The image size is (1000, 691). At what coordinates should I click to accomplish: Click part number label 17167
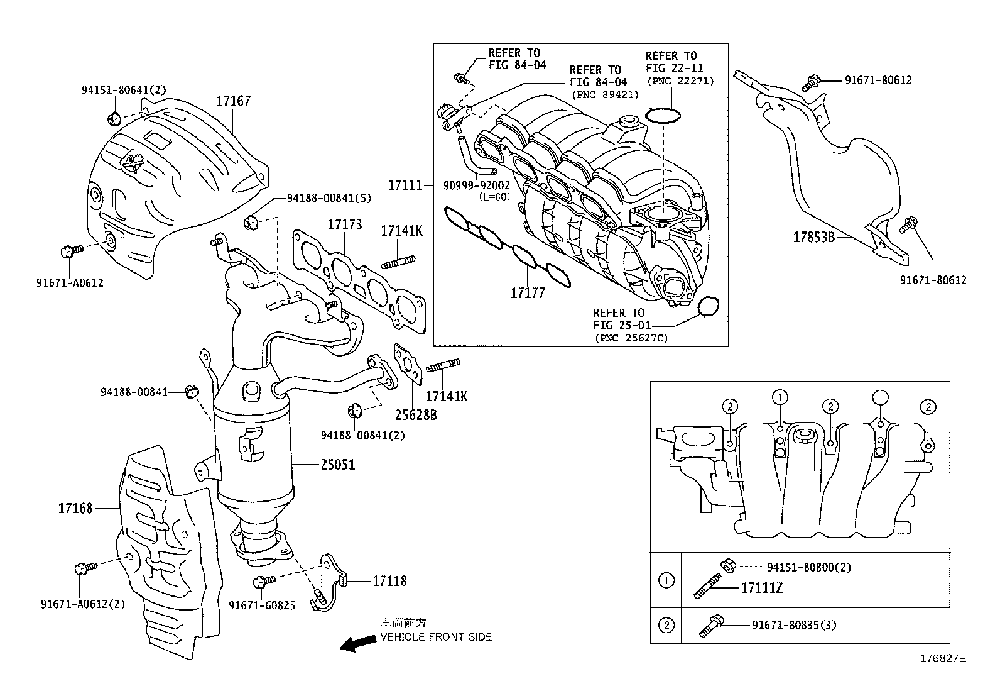click(x=234, y=101)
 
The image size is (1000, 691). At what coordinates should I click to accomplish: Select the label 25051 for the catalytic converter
click(x=337, y=465)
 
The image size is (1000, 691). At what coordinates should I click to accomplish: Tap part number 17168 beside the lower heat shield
click(x=75, y=508)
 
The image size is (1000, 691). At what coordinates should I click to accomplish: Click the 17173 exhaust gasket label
click(x=344, y=224)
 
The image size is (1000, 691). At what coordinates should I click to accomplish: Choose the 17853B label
click(x=813, y=237)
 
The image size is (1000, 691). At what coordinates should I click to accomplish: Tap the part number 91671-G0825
click(x=262, y=605)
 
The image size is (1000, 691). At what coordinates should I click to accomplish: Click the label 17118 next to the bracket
click(x=389, y=581)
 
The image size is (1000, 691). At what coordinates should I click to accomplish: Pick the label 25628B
click(x=416, y=415)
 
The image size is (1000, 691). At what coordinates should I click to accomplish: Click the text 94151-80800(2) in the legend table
click(x=809, y=567)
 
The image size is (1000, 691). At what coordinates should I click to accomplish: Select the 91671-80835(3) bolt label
click(x=794, y=625)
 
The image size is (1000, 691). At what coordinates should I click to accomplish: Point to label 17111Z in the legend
click(x=761, y=589)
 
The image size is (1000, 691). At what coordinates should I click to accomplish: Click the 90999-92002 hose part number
click(x=476, y=185)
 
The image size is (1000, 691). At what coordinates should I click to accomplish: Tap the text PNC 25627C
click(x=631, y=338)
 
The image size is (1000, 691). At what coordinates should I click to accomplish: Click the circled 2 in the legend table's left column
click(x=666, y=625)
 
